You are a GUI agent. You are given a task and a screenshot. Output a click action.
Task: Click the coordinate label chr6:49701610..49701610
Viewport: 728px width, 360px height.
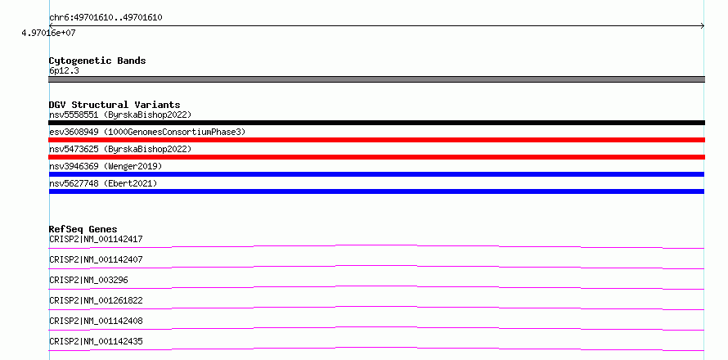point(106,18)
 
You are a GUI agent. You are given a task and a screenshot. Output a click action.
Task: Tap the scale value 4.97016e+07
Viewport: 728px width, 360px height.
point(48,33)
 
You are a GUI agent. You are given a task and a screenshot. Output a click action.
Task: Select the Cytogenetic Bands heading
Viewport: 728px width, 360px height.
point(97,61)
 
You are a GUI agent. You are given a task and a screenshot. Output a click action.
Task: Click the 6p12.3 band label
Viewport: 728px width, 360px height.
point(64,70)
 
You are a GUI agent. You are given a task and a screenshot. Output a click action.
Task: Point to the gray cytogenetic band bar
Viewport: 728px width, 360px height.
point(376,79)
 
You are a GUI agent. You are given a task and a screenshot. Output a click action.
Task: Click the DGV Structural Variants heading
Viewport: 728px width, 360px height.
point(115,105)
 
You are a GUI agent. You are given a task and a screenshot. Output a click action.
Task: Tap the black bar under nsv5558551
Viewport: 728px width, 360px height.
point(376,123)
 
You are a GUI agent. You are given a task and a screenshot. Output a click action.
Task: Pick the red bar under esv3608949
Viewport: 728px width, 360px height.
point(376,140)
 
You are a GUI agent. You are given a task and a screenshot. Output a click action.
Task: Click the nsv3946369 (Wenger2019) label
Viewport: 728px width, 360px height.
point(106,166)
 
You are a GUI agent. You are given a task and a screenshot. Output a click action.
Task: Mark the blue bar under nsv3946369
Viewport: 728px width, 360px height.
point(376,174)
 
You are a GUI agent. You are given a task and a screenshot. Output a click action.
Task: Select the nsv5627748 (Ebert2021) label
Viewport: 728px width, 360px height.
point(103,183)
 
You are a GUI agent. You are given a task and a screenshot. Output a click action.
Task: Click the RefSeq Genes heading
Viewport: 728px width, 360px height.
point(83,229)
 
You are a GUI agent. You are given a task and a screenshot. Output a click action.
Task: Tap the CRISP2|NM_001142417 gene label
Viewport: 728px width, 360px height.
point(96,239)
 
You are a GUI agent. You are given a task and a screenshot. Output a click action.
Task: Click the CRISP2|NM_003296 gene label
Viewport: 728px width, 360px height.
point(88,280)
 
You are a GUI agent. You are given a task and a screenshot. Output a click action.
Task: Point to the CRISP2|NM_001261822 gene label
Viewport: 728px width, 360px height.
point(96,300)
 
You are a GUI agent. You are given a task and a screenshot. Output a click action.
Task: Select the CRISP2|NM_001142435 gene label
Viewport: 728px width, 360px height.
point(96,341)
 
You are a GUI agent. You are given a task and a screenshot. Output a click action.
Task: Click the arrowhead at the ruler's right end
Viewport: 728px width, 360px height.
point(703,26)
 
